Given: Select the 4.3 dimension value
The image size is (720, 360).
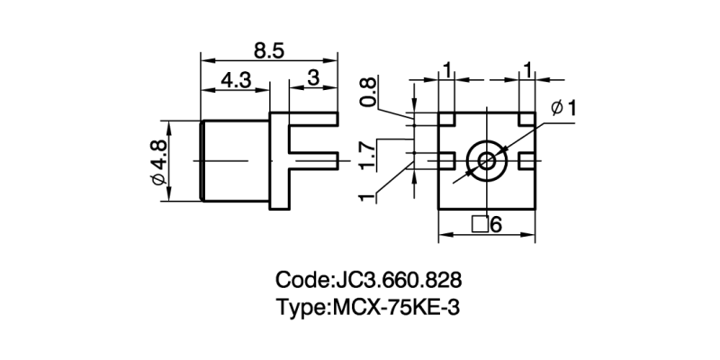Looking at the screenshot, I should click(x=235, y=79).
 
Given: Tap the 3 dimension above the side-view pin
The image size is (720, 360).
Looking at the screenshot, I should click(x=313, y=78).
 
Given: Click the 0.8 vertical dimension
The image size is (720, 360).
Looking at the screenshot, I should click(x=368, y=92).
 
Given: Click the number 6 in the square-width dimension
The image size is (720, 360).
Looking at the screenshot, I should click(x=496, y=225).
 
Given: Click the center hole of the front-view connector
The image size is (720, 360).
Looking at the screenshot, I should click(x=486, y=161).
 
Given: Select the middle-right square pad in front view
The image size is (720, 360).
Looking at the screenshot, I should click(x=526, y=160).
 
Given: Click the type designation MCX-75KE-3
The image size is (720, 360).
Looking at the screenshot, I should click(x=396, y=307).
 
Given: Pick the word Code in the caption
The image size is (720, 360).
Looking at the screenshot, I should click(x=303, y=278).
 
